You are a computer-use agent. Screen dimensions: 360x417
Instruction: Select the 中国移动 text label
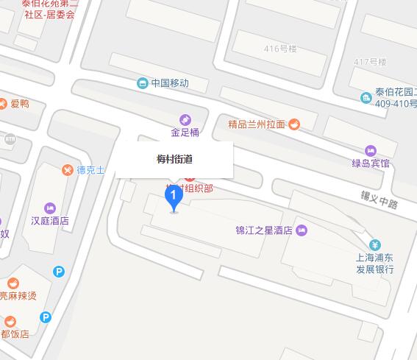(169, 83)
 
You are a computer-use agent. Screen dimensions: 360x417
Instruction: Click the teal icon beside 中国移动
(142, 83)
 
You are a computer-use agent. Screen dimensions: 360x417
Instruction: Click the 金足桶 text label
(185, 133)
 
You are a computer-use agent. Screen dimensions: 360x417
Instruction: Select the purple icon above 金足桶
(185, 119)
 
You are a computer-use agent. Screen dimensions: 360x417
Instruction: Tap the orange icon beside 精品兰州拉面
(293, 124)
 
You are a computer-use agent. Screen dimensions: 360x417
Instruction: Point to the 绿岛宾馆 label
(370, 163)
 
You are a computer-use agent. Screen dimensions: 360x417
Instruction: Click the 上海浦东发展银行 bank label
(374, 264)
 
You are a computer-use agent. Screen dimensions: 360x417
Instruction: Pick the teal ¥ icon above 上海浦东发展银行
(374, 245)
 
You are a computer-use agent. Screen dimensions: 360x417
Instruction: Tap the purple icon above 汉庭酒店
(50, 206)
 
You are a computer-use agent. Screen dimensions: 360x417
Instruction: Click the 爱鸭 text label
(19, 104)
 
